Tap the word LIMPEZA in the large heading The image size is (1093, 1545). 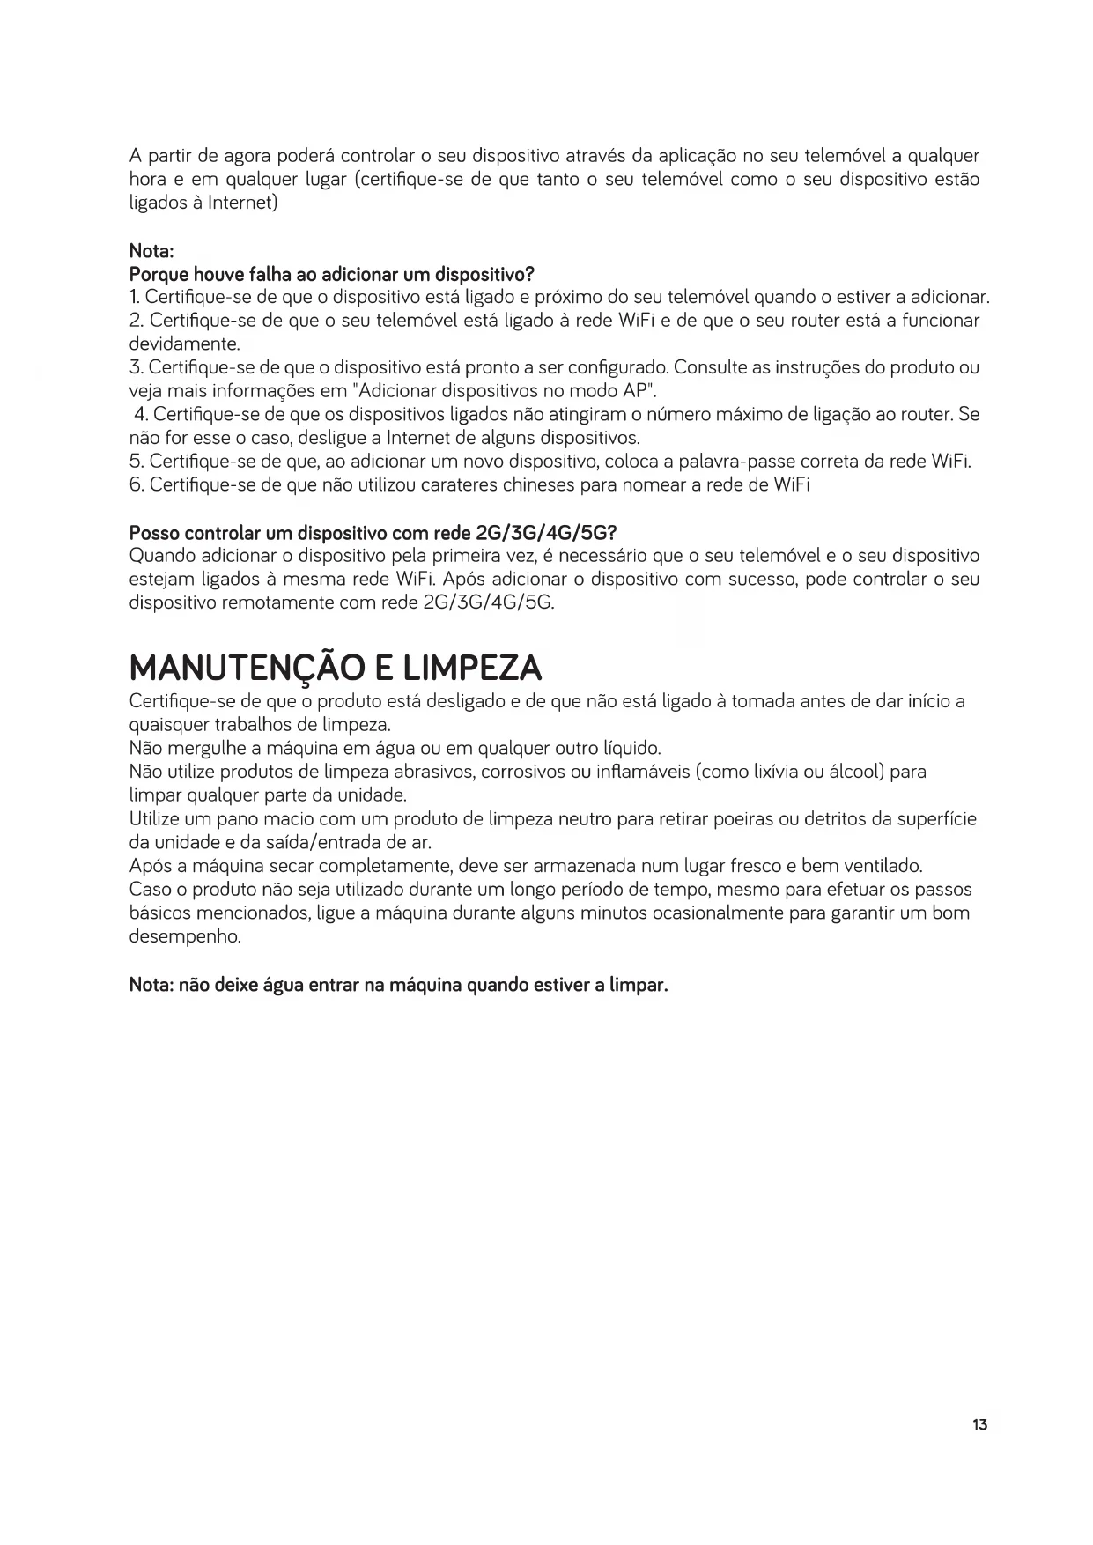click(x=471, y=669)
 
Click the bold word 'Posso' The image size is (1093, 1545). click(x=155, y=533)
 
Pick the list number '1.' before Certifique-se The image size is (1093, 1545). click(x=135, y=297)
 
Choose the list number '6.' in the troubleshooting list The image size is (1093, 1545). click(x=137, y=485)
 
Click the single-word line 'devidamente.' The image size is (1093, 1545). click(x=184, y=344)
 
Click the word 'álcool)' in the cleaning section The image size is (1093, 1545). click(x=854, y=772)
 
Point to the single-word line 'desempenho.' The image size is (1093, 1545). click(x=185, y=936)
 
